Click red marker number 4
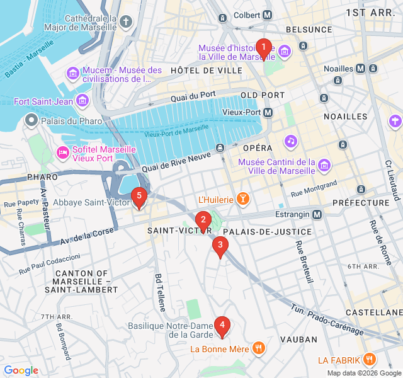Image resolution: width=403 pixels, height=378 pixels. [x=222, y=326]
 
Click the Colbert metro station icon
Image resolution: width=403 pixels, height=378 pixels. [x=268, y=14]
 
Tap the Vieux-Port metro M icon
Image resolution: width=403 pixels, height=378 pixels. [x=268, y=112]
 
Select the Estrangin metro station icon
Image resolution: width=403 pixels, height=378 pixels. [x=317, y=214]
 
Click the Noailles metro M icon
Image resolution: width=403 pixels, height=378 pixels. [x=360, y=69]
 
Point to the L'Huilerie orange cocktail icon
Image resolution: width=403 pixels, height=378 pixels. [x=242, y=200]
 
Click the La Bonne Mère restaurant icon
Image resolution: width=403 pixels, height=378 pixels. [x=258, y=348]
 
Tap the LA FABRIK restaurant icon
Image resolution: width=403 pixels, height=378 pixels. [x=370, y=360]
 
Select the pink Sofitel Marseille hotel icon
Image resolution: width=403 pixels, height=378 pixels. [x=63, y=153]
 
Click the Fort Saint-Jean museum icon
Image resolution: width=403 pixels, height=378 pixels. [x=82, y=101]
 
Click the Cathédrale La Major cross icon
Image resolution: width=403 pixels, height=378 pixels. [x=126, y=23]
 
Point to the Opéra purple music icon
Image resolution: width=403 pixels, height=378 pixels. [x=290, y=140]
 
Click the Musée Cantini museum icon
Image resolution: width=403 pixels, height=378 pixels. [x=324, y=166]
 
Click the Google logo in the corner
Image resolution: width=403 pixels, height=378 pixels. [x=21, y=370]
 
